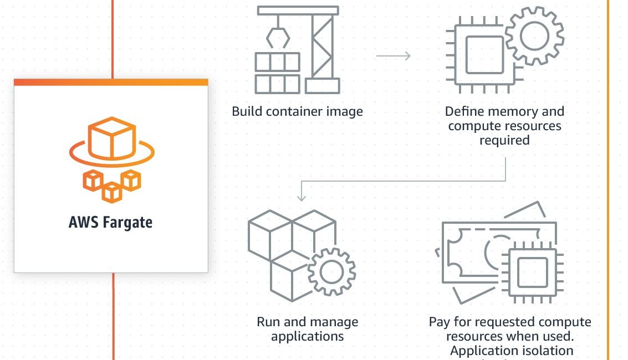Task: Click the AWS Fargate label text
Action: pyautogui.click(x=110, y=223)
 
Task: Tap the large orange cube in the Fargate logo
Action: pyautogui.click(x=111, y=136)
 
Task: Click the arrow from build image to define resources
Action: pyautogui.click(x=393, y=56)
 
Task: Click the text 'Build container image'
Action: pyautogui.click(x=297, y=111)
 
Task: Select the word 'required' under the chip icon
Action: pyautogui.click(x=504, y=140)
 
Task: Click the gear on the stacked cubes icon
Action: pyautogui.click(x=331, y=271)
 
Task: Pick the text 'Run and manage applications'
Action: pyautogui.click(x=307, y=329)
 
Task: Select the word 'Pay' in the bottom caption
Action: pyautogui.click(x=438, y=322)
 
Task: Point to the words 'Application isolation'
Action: pyautogui.click(x=512, y=351)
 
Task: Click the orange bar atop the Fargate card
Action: pyautogui.click(x=111, y=82)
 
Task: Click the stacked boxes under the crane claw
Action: pyautogui.click(x=277, y=73)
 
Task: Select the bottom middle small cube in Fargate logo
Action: pyautogui.click(x=112, y=192)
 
